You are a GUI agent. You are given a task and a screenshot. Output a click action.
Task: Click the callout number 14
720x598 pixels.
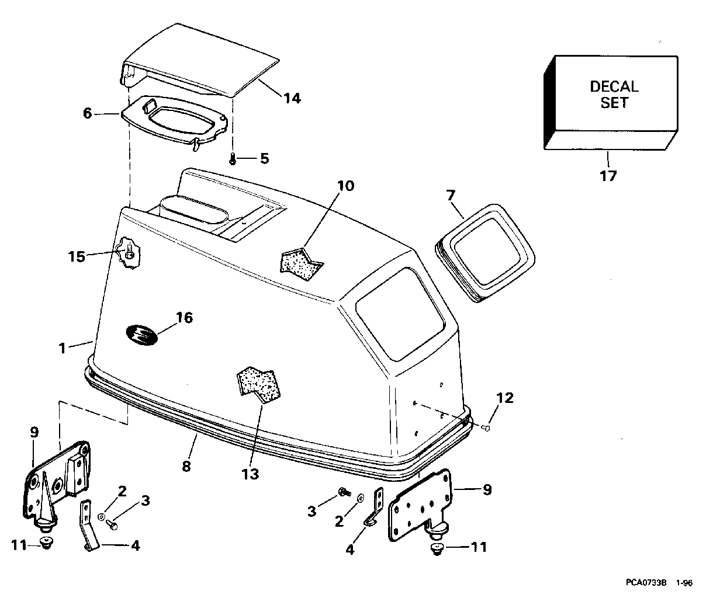point(292,99)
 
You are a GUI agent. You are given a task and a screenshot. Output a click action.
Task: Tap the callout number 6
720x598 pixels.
point(88,113)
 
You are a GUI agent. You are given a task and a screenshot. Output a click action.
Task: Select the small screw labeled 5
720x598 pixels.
point(233,159)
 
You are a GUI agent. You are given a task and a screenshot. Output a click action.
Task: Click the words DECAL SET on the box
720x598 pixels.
point(614,95)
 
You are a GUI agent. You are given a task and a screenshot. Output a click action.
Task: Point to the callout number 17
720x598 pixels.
point(608,176)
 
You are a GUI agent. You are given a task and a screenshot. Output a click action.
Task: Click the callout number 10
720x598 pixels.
point(345,186)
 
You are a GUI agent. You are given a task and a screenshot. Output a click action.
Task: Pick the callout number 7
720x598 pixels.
point(451,196)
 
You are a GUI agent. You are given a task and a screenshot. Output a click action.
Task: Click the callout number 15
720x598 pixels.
point(76,257)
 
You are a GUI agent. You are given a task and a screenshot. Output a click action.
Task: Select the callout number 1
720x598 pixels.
point(62,348)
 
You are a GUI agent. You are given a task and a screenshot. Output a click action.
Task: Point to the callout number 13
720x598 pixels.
point(250,474)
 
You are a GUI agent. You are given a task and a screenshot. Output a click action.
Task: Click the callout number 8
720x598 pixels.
point(186,467)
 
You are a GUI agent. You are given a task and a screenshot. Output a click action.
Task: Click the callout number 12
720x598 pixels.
point(505,398)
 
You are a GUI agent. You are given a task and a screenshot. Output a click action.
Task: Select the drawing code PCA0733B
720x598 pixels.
point(646,583)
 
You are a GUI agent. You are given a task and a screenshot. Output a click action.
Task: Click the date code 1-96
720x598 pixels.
point(684,583)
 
